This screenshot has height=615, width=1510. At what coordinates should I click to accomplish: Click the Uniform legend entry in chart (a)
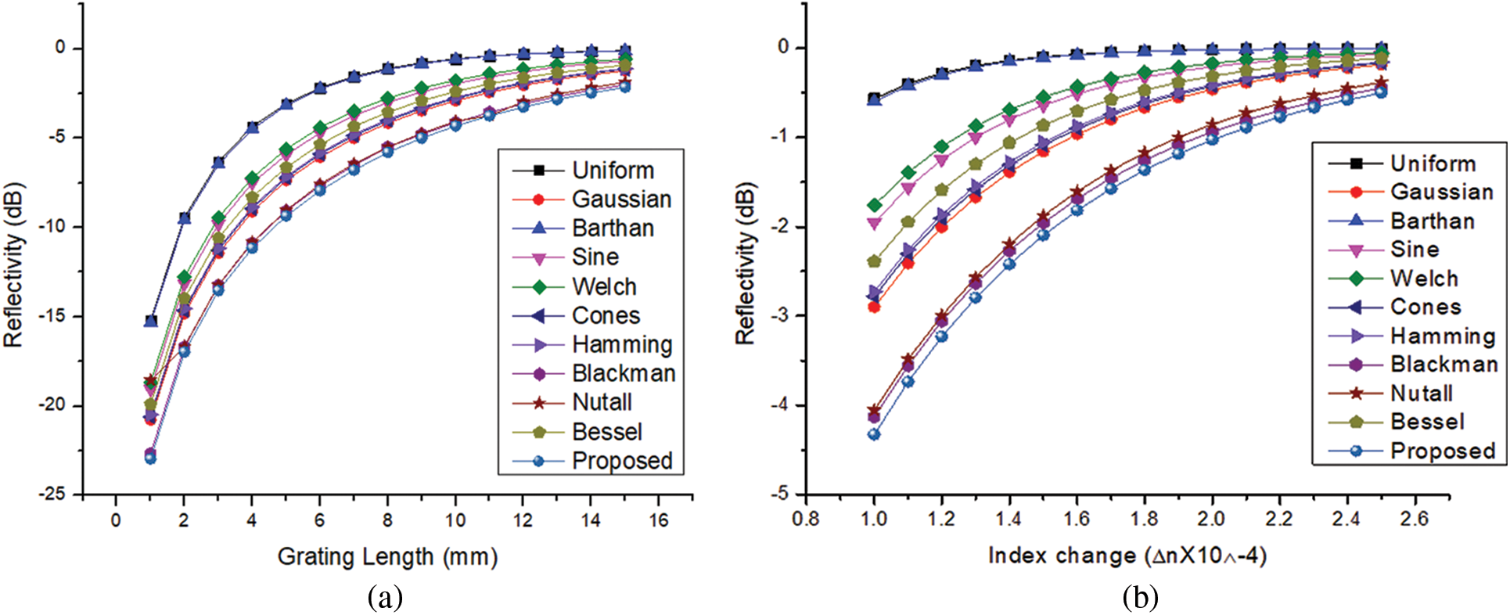point(613,170)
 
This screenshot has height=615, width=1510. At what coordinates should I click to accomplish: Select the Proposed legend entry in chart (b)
point(1442,451)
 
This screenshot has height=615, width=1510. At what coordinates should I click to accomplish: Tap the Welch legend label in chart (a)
point(604,286)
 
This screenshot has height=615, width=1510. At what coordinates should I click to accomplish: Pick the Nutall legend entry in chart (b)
point(1421,393)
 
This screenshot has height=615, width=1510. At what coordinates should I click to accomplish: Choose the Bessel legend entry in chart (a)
point(606,432)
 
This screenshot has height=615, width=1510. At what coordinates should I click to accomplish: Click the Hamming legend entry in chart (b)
point(1442,336)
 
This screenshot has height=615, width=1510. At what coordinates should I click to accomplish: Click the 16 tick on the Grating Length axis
point(659,520)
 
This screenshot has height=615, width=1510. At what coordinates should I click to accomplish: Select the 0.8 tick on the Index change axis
point(806,519)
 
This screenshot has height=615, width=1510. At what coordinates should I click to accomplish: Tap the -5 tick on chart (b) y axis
point(781,495)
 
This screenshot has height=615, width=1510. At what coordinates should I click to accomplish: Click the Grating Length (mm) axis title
point(387,556)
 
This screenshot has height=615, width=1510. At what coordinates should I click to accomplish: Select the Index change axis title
point(1127,556)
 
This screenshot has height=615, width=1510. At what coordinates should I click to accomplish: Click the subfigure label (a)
point(385,598)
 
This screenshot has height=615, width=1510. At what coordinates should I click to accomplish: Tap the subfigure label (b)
point(1140,598)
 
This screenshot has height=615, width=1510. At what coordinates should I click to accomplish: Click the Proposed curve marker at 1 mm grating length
point(150,459)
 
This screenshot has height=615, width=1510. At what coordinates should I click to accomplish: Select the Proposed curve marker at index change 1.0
point(874,434)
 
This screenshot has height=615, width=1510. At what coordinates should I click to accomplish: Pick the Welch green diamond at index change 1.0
point(874,205)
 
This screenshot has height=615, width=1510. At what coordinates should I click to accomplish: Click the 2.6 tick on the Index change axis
point(1415,519)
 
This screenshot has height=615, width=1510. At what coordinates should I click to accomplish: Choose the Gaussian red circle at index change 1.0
point(874,307)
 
